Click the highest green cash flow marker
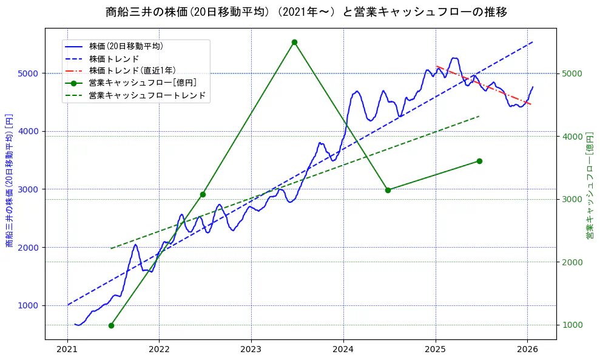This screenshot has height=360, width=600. point(294,42)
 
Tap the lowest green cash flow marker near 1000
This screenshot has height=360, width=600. point(111,325)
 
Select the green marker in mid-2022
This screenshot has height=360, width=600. point(203,195)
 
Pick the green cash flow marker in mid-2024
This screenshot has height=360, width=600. point(388,190)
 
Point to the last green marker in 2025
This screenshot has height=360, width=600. point(479,161)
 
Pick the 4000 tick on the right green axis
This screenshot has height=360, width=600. point(573,136)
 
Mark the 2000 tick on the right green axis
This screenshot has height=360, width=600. point(573,262)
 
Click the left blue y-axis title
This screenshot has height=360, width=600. point(9,180)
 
